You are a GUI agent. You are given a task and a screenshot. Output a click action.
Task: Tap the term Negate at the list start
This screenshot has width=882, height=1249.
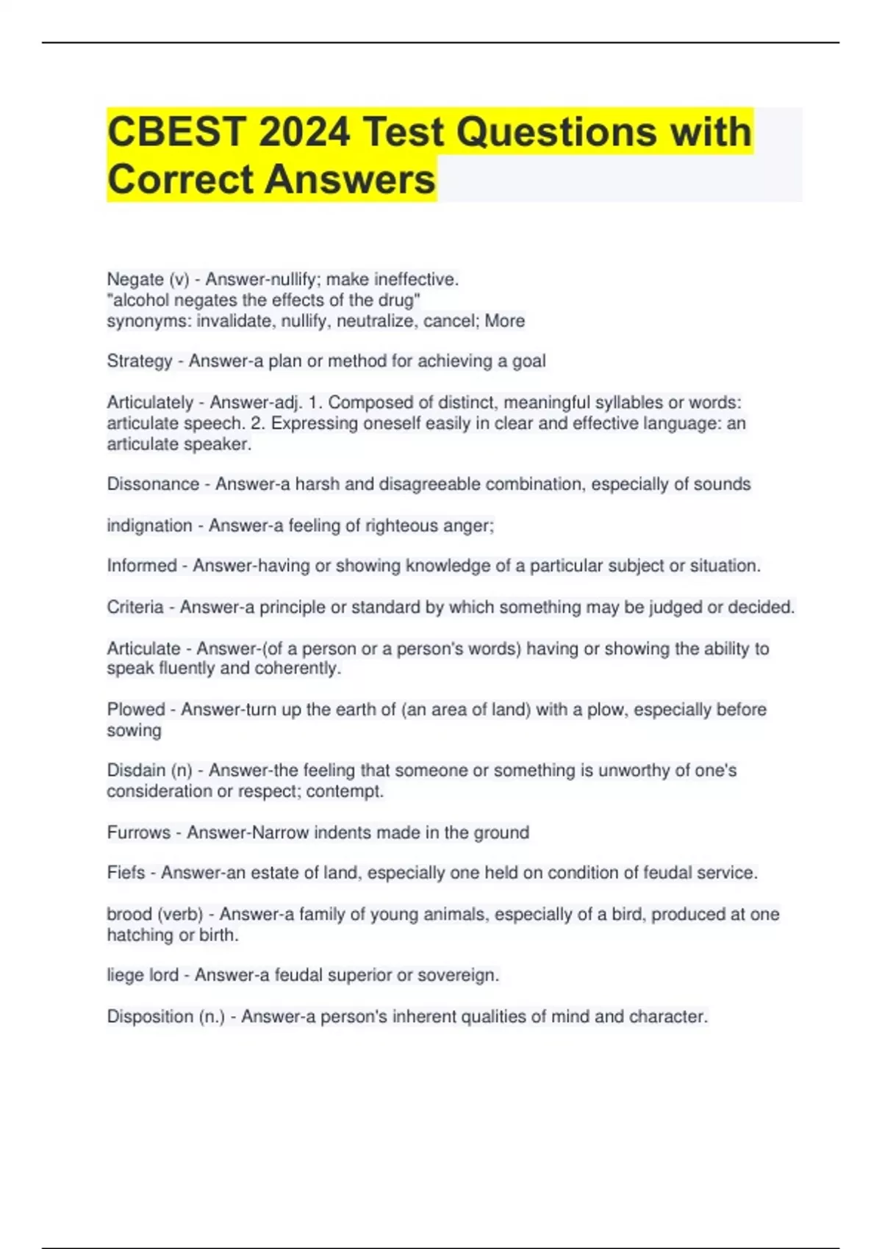click(x=135, y=279)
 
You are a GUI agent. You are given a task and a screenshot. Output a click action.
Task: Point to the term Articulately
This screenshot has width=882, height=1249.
click(x=150, y=403)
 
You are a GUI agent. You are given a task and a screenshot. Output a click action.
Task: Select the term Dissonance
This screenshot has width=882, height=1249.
click(x=153, y=484)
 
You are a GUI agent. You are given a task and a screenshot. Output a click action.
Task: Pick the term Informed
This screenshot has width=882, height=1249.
click(x=142, y=566)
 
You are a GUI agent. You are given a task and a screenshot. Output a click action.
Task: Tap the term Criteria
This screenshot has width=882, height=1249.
click(x=135, y=608)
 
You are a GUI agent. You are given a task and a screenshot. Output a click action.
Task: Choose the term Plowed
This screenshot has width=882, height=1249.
click(x=136, y=710)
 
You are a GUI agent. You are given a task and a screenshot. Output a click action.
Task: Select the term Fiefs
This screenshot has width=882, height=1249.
click(x=126, y=873)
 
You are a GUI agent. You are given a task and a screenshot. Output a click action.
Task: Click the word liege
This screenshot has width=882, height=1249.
click(x=123, y=976)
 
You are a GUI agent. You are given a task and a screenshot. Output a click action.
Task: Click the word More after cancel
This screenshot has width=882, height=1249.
click(x=505, y=321)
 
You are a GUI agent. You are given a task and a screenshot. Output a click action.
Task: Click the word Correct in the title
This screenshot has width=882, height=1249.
click(x=181, y=180)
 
